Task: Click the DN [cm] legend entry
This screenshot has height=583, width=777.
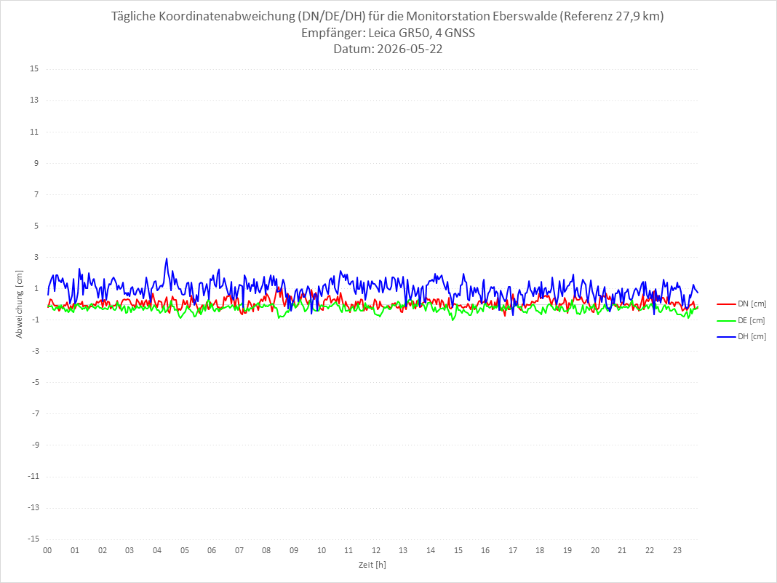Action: [x=741, y=304]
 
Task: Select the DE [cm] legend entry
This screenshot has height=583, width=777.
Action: [x=741, y=320]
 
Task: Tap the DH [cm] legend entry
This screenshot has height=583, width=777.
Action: [x=741, y=336]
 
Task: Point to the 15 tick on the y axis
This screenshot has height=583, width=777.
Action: [x=34, y=69]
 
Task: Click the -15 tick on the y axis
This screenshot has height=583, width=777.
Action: [x=33, y=539]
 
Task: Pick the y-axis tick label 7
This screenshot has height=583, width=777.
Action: [x=36, y=194]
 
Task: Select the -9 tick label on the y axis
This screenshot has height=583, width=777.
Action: [x=35, y=445]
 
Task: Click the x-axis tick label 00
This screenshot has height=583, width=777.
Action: [x=47, y=550]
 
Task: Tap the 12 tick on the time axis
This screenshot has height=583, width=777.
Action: [x=376, y=550]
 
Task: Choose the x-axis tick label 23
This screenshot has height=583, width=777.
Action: [x=677, y=550]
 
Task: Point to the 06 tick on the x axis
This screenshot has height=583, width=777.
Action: [x=212, y=550]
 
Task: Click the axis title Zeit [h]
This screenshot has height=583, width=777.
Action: [x=372, y=565]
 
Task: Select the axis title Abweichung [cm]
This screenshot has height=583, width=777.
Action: [x=20, y=304]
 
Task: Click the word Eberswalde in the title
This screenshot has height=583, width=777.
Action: [x=525, y=16]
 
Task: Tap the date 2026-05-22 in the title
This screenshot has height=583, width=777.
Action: [x=410, y=49]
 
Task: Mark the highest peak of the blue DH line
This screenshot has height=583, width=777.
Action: [x=167, y=258]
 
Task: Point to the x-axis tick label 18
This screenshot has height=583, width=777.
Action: [x=540, y=550]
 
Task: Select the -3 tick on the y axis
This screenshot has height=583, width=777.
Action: [x=35, y=351]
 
